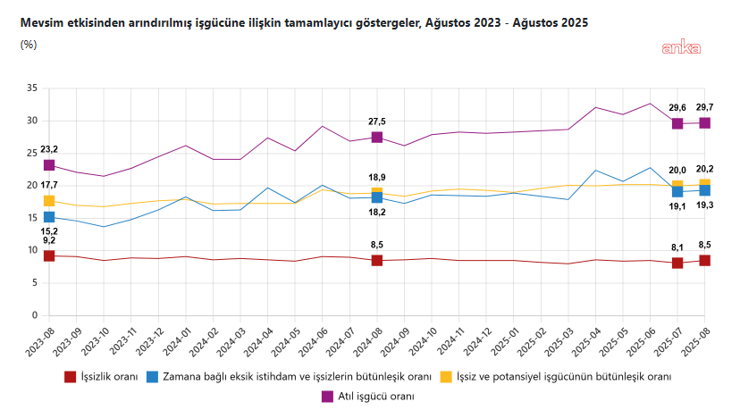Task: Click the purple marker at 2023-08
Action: click(49, 165)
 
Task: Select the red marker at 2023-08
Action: click(49, 256)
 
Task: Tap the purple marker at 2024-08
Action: click(377, 138)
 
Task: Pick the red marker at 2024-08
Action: click(377, 261)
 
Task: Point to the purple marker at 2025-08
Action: click(704, 123)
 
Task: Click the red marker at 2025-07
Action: click(677, 263)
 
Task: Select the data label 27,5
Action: click(377, 121)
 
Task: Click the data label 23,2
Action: click(48, 149)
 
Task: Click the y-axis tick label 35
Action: click(31, 88)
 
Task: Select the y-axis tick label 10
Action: click(31, 251)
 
